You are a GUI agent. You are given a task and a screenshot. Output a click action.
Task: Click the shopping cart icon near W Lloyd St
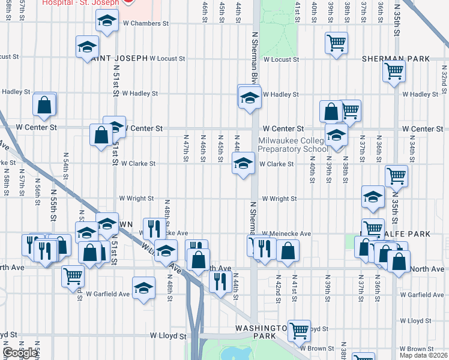pos(298,329)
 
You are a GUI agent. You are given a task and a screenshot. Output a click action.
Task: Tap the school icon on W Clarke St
pos(243,164)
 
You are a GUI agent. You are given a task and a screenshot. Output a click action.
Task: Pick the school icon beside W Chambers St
pos(107,23)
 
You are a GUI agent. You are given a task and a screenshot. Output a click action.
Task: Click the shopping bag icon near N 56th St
pos(44,105)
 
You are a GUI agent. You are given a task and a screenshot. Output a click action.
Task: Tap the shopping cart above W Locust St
pos(336,43)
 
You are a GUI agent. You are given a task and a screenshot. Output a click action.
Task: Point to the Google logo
pos(20,353)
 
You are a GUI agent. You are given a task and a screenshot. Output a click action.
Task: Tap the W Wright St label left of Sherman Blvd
pos(136,198)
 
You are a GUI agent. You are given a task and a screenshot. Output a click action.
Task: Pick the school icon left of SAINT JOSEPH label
pos(87,47)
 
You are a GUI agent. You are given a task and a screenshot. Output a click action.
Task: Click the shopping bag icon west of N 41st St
pos(288,251)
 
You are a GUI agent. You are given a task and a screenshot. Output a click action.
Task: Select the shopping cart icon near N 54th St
pos(73,276)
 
